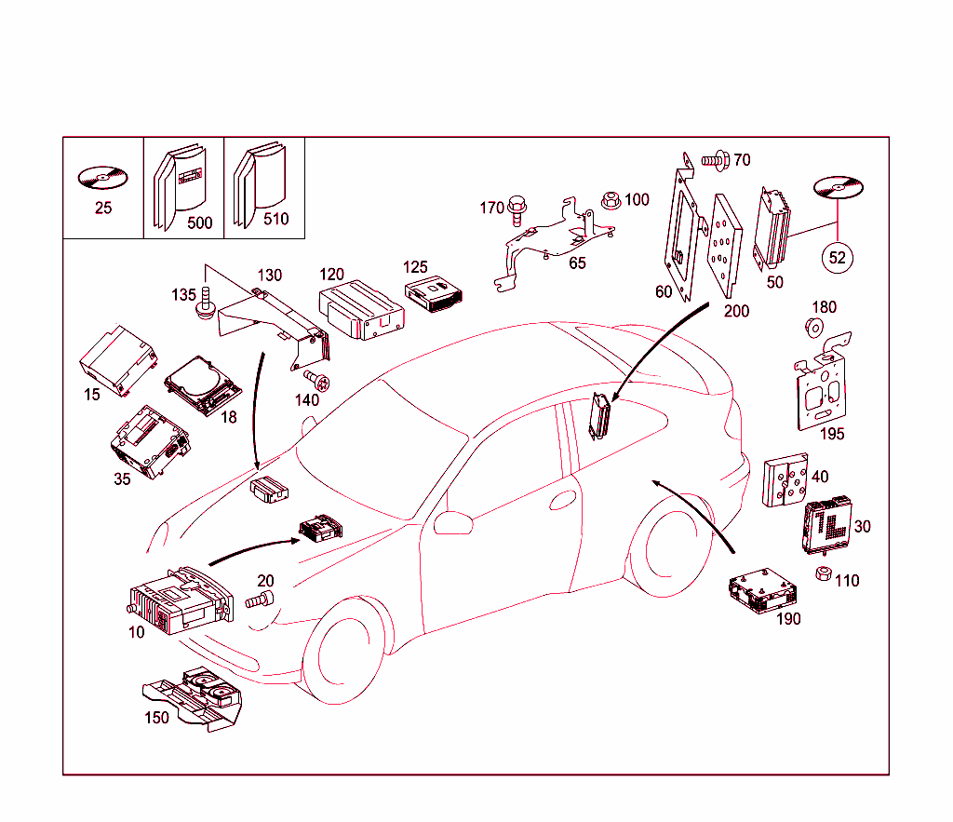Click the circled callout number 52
(837, 258)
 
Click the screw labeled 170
(517, 213)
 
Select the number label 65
(577, 263)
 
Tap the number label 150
(156, 718)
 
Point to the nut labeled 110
(823, 573)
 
